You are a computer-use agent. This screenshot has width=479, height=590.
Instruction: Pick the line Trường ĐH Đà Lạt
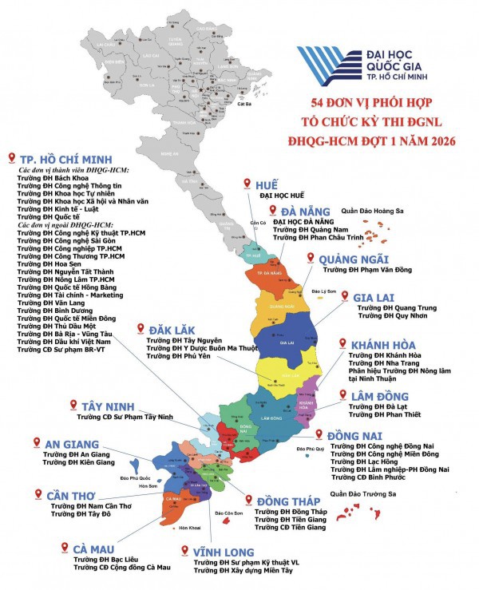point(381,406)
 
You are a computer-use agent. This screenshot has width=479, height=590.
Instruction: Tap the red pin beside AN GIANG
point(36,442)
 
